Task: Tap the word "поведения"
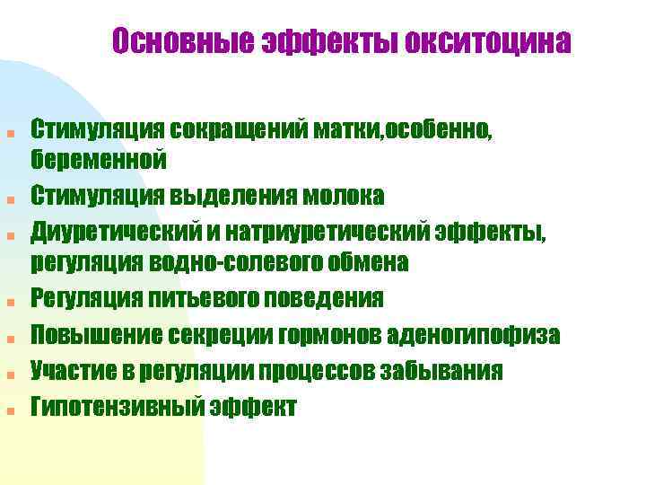click(319, 298)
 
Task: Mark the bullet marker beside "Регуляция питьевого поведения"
click(10, 303)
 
